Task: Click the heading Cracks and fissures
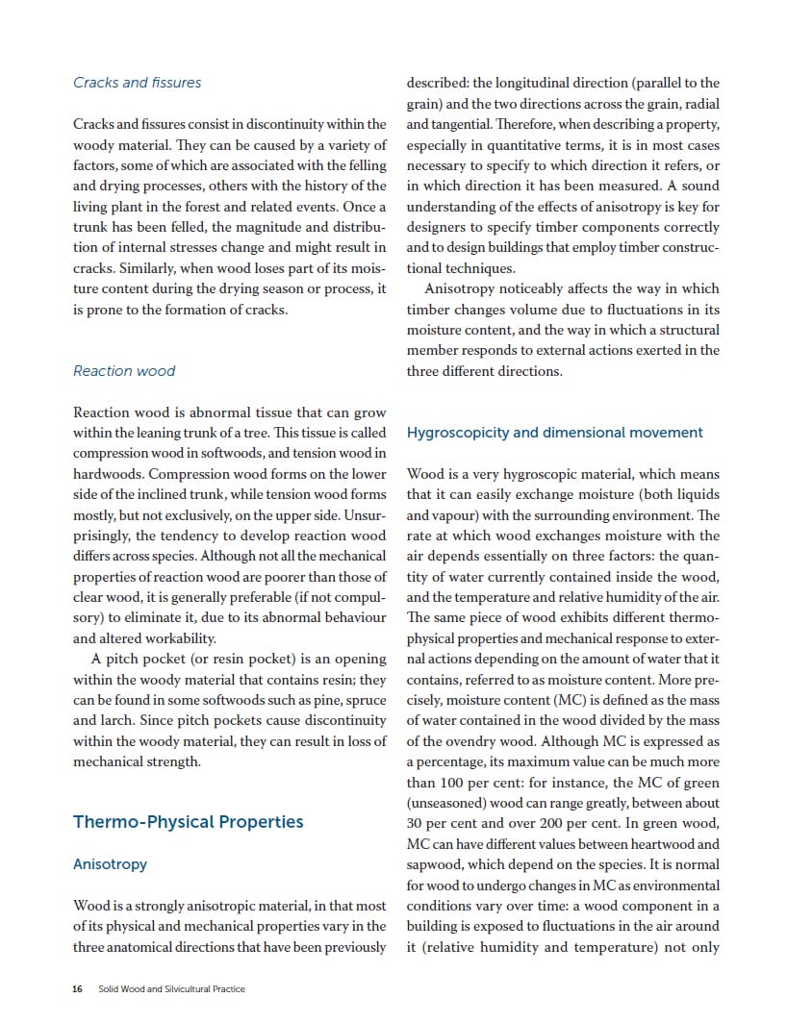tap(137, 83)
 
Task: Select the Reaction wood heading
tap(124, 370)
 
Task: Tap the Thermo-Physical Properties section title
tap(188, 821)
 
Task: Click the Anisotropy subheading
tap(110, 864)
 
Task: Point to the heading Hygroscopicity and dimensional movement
tap(554, 433)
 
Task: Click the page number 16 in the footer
tap(77, 989)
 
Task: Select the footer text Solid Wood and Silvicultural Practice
tap(171, 989)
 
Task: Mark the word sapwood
tap(437, 864)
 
